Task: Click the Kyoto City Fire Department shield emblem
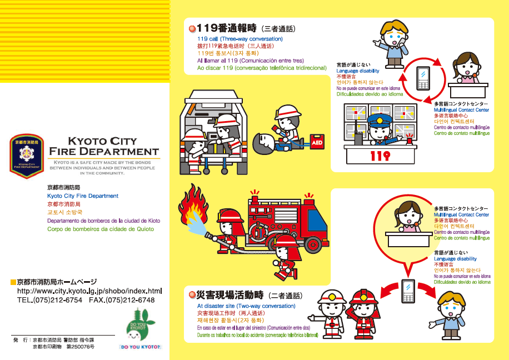[27, 156]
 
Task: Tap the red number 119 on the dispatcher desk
[381, 156]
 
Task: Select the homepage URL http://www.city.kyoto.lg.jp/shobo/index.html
[89, 291]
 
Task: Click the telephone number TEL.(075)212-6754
[50, 300]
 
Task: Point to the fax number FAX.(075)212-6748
[122, 300]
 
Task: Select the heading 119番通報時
[225, 28]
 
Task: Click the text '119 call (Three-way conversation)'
[239, 39]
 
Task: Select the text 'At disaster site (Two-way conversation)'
[246, 306]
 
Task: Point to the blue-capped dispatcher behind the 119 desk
[380, 129]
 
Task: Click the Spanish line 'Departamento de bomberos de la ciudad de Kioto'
[103, 221]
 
